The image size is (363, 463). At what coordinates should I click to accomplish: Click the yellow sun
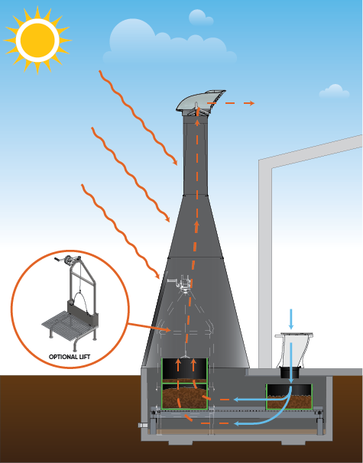tap(37, 40)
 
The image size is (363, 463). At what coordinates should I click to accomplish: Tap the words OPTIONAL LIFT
tap(70, 357)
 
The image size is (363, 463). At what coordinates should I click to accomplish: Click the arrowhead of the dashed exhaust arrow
tap(251, 103)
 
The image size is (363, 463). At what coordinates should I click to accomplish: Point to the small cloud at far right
tap(335, 91)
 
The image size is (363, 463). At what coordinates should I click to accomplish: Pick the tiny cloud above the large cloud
tap(200, 18)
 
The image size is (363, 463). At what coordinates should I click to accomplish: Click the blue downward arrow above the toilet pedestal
tap(291, 319)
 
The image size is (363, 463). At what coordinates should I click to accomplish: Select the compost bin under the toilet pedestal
tap(289, 397)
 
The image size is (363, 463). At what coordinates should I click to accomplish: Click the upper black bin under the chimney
tap(185, 371)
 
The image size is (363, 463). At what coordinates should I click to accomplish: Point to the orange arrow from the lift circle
tap(149, 327)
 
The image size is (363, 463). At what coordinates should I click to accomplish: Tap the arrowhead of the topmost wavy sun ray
tap(175, 163)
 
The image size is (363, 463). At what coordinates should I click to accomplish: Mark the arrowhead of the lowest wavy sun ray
tap(157, 276)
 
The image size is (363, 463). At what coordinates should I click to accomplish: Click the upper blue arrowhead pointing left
tap(236, 400)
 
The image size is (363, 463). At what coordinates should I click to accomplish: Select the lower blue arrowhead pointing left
tap(236, 424)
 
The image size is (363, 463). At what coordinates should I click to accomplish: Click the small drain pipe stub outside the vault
tap(142, 426)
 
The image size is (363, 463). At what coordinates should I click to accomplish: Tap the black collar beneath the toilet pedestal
tap(290, 373)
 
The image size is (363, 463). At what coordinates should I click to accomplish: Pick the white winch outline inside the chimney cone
tap(181, 283)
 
